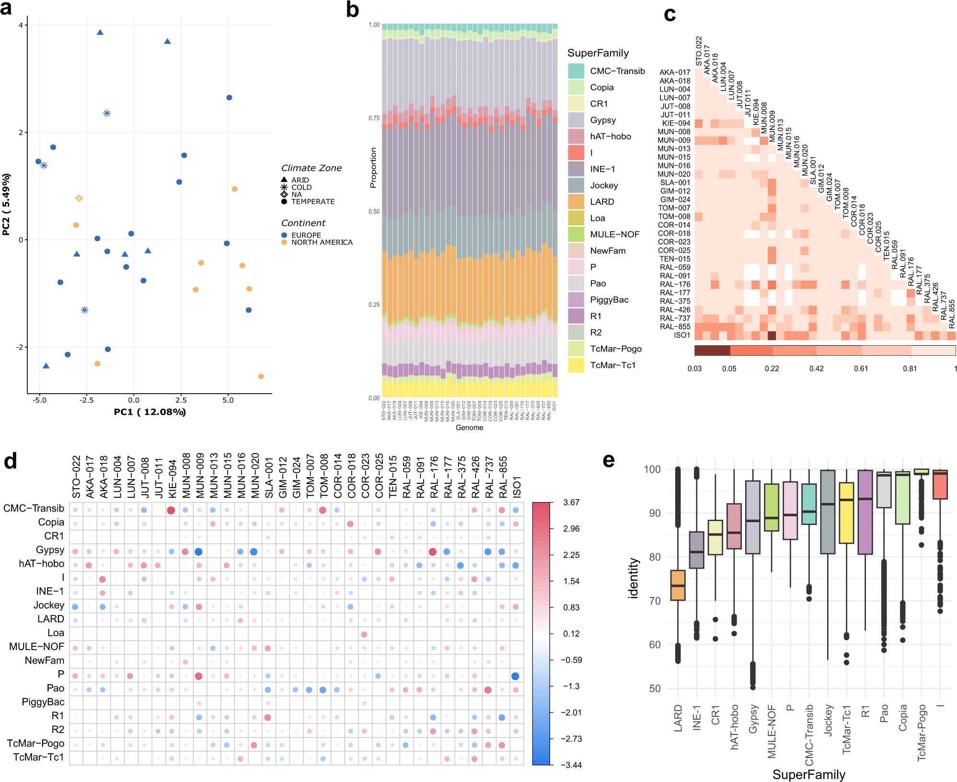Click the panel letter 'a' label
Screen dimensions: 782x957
point(6,9)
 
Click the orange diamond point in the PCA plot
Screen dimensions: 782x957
point(79,198)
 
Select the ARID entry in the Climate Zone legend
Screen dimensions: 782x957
point(300,180)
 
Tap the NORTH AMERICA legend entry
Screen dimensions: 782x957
point(322,243)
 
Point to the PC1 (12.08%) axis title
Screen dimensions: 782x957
point(150,412)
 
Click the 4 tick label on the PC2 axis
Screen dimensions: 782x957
point(21,25)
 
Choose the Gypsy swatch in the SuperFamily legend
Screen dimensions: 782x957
point(576,120)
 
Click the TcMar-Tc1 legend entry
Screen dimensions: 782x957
point(612,365)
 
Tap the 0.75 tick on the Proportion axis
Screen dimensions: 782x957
point(374,118)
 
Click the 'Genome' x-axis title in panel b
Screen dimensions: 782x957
point(469,428)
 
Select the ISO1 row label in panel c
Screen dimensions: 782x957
point(681,335)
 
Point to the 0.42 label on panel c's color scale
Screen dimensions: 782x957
point(816,369)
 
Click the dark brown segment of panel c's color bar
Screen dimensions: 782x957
point(712,350)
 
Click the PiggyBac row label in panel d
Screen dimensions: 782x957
point(43,702)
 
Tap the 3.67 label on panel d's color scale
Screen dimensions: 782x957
point(571,502)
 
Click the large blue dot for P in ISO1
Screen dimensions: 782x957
point(515,676)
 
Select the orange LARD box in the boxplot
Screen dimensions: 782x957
point(678,585)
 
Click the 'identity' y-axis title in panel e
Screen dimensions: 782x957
point(634,578)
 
